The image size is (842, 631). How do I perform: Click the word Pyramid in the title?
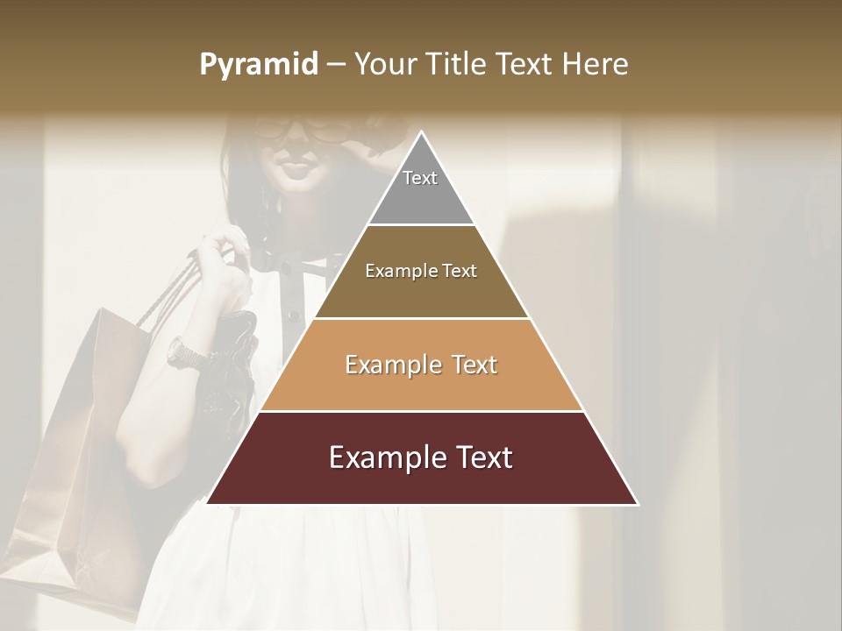pyautogui.click(x=258, y=65)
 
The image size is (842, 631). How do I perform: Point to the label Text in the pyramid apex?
pyautogui.click(x=420, y=178)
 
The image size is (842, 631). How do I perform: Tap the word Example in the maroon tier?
pyautogui.click(x=381, y=457)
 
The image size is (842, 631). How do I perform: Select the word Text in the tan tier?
pyautogui.click(x=475, y=365)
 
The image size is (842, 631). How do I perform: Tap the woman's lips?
pyautogui.click(x=294, y=167)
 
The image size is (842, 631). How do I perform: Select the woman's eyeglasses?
pyautogui.click(x=303, y=130)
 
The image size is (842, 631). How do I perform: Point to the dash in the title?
pyautogui.click(x=336, y=65)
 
